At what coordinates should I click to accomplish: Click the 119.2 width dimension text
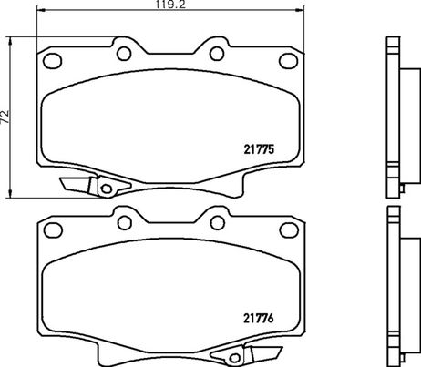(170, 5)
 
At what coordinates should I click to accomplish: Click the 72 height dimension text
(5, 117)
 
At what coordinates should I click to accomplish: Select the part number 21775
(259, 149)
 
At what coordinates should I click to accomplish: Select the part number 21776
(259, 318)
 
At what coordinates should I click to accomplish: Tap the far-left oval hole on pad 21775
(52, 61)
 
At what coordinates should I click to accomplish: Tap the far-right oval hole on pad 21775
(288, 61)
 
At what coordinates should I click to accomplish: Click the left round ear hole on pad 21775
(124, 54)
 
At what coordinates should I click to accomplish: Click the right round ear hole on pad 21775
(217, 54)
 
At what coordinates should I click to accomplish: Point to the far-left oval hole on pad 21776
(53, 229)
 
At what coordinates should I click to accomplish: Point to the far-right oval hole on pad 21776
(289, 229)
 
